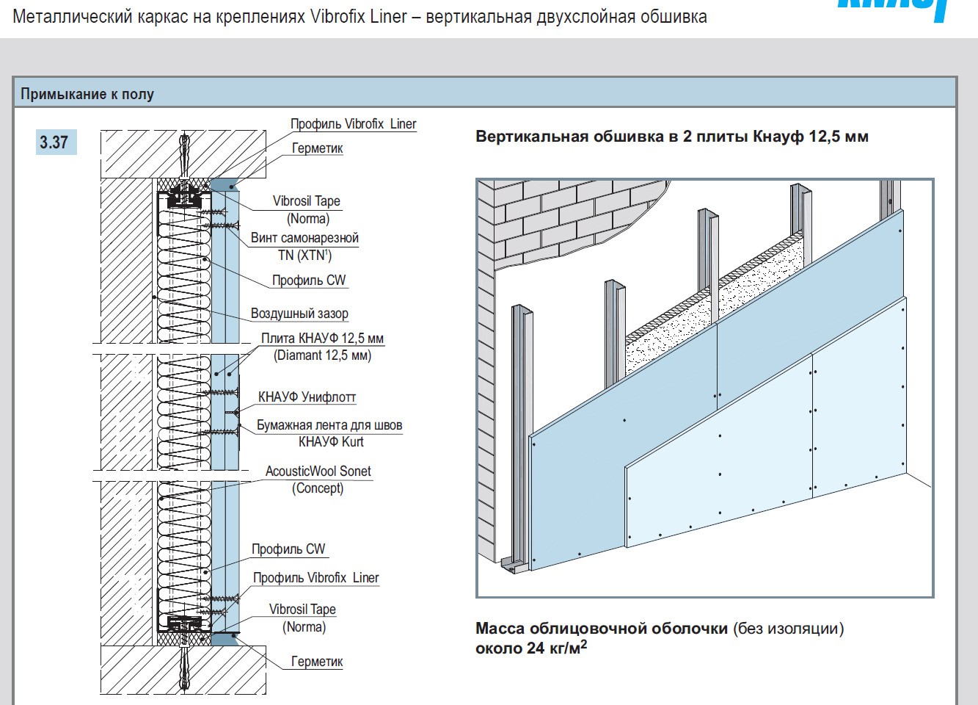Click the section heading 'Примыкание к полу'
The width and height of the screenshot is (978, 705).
[x=87, y=94]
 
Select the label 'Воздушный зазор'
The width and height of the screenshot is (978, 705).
[x=299, y=314]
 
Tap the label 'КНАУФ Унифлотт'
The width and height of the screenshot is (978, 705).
[x=307, y=397]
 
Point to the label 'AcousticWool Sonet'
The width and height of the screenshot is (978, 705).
[x=318, y=471]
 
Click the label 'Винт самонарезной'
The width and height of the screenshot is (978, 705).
[x=304, y=238]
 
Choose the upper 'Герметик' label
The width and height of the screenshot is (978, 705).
[x=317, y=148]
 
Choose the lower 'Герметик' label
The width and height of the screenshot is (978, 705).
[x=317, y=662]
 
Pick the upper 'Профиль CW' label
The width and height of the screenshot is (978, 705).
[x=308, y=281]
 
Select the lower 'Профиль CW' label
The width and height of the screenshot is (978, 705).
[x=288, y=549]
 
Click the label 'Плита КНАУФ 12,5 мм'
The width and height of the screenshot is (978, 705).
[x=322, y=339]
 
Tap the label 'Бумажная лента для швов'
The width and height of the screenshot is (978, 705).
[x=329, y=425]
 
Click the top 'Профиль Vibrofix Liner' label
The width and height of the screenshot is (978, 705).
[x=353, y=124]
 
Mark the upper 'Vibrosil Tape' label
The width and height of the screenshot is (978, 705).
[x=306, y=201]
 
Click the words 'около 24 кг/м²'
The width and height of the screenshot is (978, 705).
[x=531, y=648]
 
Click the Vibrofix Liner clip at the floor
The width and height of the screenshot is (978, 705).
[x=184, y=623]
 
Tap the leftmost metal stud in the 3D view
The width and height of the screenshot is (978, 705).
[x=519, y=433]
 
